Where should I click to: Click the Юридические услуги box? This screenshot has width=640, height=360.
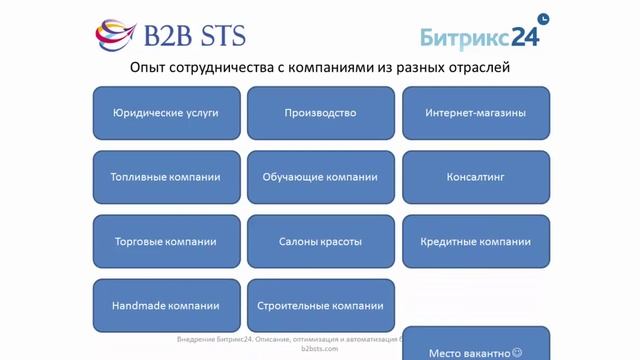tap(166, 113)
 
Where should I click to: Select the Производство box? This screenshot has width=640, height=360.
tap(320, 113)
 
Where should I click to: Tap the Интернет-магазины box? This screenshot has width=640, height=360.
tap(476, 113)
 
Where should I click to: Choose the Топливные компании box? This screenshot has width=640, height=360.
tap(166, 177)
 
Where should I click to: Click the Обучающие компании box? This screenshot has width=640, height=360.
tap(320, 177)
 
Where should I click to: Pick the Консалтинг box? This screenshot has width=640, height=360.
tap(476, 177)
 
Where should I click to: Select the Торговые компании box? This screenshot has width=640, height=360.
tap(166, 241)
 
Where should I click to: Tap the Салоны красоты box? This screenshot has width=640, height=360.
tap(320, 241)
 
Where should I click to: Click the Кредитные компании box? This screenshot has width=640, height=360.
tap(476, 241)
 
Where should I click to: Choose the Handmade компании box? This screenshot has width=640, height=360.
tap(166, 305)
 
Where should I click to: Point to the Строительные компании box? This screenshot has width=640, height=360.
tap(320, 305)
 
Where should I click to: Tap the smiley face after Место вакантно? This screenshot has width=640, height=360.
tap(517, 352)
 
